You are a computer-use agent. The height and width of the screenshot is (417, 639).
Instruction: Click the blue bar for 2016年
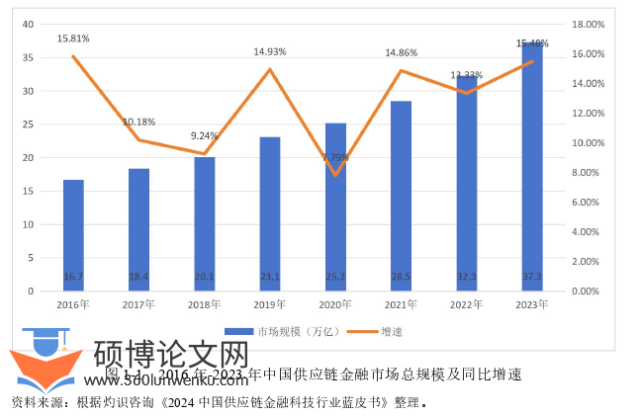pos(73,235)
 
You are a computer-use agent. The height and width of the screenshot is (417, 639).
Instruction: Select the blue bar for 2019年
pos(270,213)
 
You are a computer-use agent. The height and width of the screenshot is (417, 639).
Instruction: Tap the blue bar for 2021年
pos(401,196)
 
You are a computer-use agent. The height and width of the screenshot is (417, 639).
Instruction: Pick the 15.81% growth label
pos(73,39)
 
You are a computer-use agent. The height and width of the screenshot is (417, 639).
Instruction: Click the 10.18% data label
pos(139,122)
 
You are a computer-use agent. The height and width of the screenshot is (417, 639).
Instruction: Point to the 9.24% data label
pos(205,135)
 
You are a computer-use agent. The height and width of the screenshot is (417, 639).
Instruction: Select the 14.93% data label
pos(270,51)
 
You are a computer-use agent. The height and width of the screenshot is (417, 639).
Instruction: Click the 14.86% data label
pos(401,52)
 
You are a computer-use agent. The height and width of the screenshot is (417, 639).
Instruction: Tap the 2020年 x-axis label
pos(335,304)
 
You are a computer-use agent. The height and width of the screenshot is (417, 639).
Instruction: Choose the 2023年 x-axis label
pos(531,304)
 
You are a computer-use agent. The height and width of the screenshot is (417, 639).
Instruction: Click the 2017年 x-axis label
pos(139,304)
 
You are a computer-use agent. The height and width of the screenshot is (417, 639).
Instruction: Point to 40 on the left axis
pos(28,24)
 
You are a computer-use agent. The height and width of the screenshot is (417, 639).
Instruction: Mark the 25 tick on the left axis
pos(28,125)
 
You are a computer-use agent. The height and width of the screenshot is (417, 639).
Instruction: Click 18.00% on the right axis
pos(587,24)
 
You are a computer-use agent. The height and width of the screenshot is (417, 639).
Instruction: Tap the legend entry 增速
pos(392,331)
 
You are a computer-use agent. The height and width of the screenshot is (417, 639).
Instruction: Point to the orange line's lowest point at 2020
pos(335,175)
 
